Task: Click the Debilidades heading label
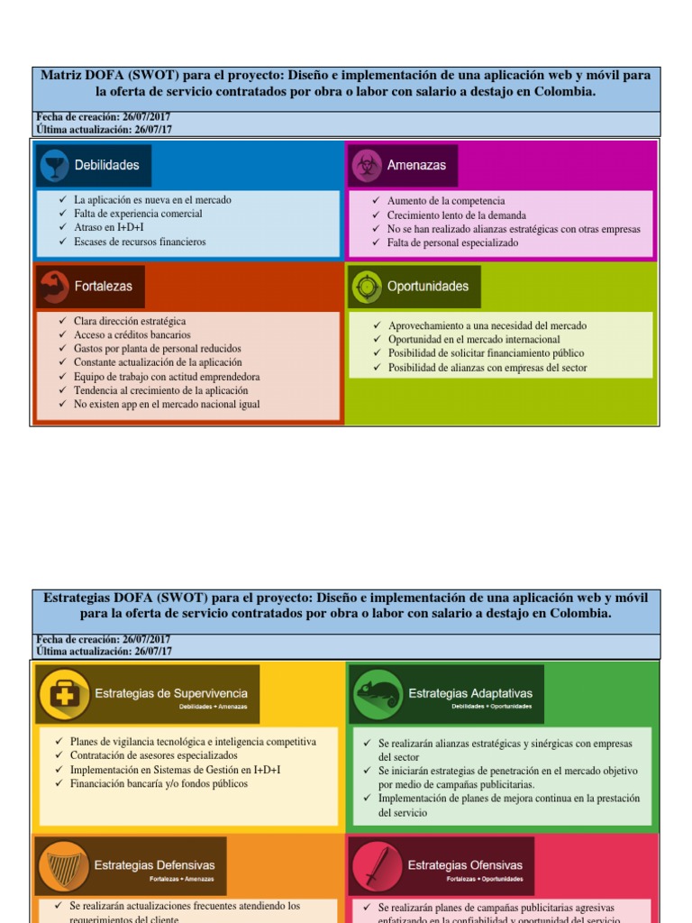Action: coord(106,165)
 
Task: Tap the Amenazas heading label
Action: coord(416,165)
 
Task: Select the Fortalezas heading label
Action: coord(103,286)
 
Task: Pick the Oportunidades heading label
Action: coord(428,287)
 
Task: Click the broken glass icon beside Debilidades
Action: coord(54,165)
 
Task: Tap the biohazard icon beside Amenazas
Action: coord(366,165)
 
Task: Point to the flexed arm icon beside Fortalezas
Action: coord(54,286)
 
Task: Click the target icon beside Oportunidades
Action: coord(366,287)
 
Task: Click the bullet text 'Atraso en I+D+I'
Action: coord(108,228)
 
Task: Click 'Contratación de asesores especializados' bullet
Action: coord(154,755)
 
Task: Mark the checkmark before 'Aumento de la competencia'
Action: coord(377,201)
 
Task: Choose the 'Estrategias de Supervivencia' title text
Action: coord(171,693)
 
